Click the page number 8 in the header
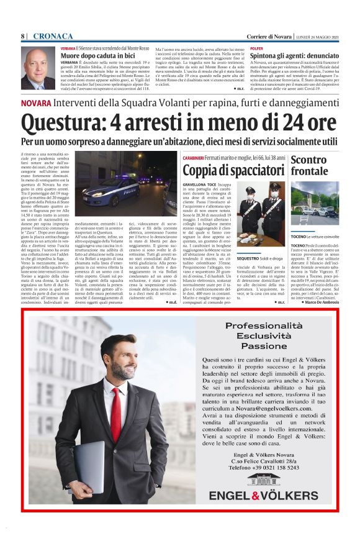click(x=22, y=37)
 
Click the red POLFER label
click(x=256, y=47)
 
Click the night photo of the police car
click(x=127, y=181)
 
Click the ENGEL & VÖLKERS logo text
click(x=263, y=495)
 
